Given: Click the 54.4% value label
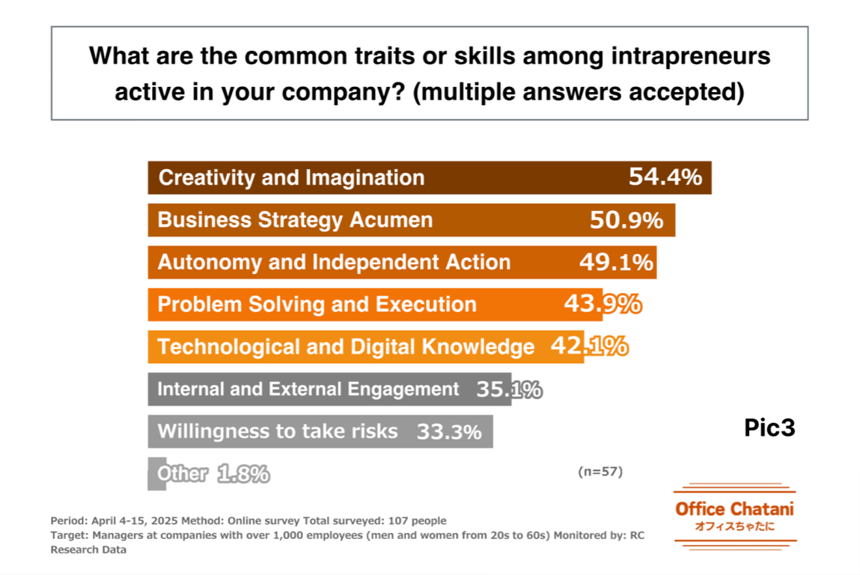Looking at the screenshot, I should click(665, 177).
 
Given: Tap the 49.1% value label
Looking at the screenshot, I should click(616, 262).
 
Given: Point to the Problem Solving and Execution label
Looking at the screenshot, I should click(317, 305).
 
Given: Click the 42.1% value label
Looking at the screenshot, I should click(589, 347).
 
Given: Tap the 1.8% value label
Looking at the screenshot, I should click(243, 474).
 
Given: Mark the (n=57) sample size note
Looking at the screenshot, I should click(600, 472).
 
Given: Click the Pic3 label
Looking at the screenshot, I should click(769, 428).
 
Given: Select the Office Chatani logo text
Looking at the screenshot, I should click(734, 509).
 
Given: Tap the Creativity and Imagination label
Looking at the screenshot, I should click(291, 177).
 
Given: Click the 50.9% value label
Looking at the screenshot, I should click(626, 220).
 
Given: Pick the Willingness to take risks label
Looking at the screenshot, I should click(278, 432).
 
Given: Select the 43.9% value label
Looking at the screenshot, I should click(602, 305).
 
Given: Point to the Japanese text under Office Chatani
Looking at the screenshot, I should click(734, 526).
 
